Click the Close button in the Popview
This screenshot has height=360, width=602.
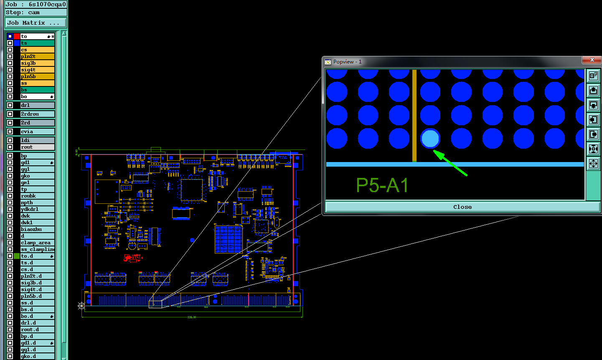[x=462, y=207]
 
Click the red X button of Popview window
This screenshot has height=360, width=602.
[x=592, y=60]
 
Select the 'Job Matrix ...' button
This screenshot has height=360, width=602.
[x=36, y=23]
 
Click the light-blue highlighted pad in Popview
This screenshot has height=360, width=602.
[x=430, y=139]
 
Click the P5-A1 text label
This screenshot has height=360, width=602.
[x=382, y=185]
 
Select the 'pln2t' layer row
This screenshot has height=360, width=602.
[x=37, y=56]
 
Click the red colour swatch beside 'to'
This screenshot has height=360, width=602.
[x=17, y=36]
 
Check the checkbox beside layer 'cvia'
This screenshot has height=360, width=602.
[x=10, y=132]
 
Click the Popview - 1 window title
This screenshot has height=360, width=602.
[x=347, y=62]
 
